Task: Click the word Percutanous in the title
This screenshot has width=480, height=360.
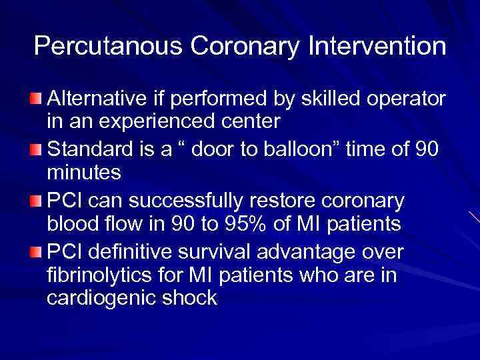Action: [101, 46]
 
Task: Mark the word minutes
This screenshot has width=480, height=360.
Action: [83, 173]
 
